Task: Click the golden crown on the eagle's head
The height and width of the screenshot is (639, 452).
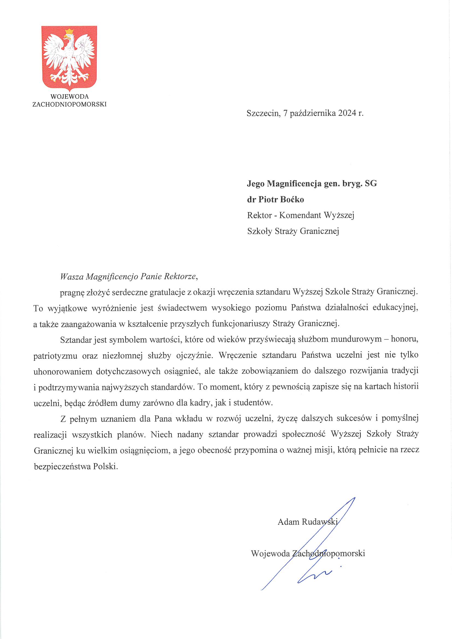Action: click(x=69, y=31)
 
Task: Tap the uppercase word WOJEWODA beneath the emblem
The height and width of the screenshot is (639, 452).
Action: click(x=70, y=96)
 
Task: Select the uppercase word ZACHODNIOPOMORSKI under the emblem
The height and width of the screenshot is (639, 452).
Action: click(x=70, y=104)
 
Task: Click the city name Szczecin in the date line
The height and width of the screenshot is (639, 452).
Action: click(x=263, y=113)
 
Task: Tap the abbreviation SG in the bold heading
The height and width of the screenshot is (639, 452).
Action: click(x=371, y=183)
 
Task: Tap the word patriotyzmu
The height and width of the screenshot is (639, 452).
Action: click(x=55, y=356)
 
